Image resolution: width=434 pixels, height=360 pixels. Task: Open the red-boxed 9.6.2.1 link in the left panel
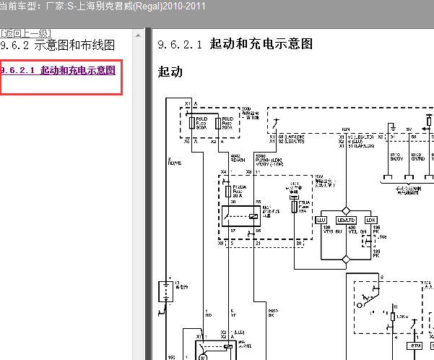(58, 71)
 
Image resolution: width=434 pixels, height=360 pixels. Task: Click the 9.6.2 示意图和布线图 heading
(58, 46)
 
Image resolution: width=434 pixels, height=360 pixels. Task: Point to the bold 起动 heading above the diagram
(170, 72)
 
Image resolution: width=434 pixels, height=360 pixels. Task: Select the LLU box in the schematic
(322, 219)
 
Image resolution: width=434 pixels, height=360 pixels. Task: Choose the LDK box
(370, 219)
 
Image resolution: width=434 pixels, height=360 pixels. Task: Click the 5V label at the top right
(409, 132)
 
